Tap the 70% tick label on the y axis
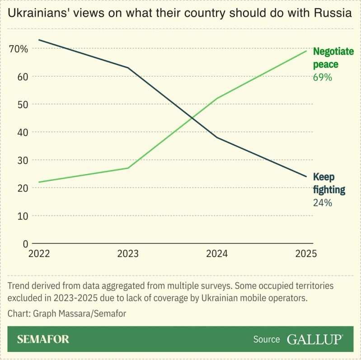19,49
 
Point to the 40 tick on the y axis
23,132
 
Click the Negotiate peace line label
333,58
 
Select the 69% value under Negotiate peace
323,77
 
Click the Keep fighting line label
329,183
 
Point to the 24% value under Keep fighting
323,203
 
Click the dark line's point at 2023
128,68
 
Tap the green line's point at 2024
217,99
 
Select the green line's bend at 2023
128,168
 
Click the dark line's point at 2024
217,137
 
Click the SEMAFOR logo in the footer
43,339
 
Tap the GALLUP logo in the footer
315,339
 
